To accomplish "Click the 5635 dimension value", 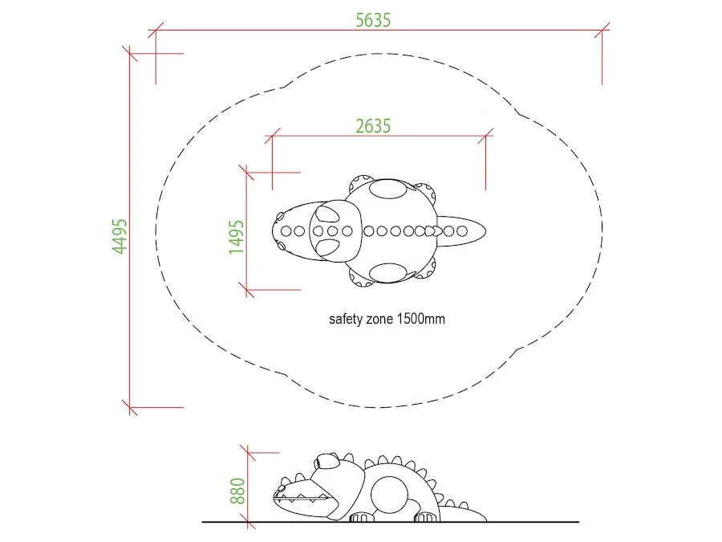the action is (x=373, y=20).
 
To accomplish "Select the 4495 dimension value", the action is (x=120, y=236).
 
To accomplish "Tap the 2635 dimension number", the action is (x=373, y=126).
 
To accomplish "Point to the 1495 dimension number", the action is (x=236, y=236).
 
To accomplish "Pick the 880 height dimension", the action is (x=237, y=491).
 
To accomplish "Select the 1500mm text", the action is (x=421, y=319).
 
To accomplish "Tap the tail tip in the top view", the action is (x=485, y=231).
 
